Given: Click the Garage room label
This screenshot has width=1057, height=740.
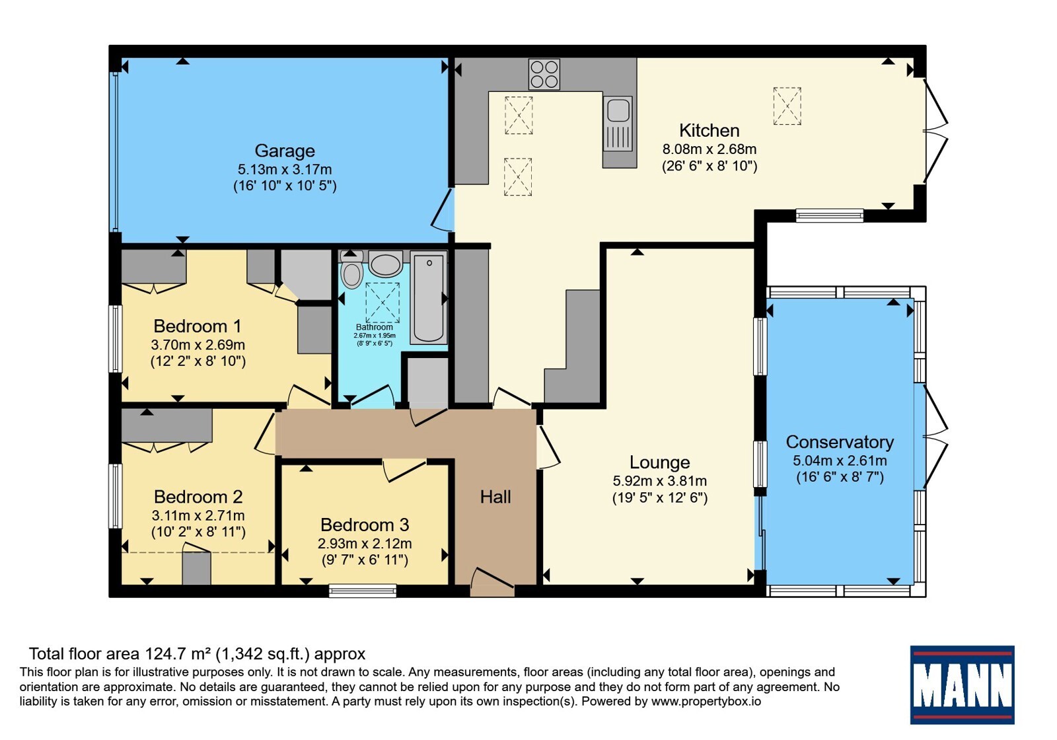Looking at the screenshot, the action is point(285,151).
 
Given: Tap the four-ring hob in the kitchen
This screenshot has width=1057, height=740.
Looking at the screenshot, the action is point(544,74).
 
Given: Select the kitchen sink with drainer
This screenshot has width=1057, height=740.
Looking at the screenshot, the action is point(618,124).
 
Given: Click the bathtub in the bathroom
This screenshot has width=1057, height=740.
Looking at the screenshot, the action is point(429,297).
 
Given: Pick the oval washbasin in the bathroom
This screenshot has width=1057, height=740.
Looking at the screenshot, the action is point(386,264).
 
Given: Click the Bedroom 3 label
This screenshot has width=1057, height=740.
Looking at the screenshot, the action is point(365,525).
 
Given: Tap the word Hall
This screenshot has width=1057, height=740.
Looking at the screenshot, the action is point(495,497).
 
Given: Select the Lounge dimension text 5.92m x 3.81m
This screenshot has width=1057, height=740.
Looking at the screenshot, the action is point(660,481).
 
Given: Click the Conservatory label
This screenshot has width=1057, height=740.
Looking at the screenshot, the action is point(840,442).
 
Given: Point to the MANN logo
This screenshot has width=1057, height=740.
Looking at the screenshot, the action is point(962,684).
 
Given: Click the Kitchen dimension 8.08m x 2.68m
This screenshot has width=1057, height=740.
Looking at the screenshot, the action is point(710,149).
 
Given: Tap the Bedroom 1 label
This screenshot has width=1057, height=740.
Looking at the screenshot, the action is point(198,326).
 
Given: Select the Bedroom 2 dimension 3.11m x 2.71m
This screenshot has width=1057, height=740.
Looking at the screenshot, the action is point(198,515).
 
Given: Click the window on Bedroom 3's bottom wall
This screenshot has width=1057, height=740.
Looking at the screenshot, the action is point(363,591).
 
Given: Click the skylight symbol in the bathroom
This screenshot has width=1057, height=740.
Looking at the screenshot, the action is point(383,303).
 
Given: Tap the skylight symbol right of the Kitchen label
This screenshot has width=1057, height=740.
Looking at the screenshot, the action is point(787,106).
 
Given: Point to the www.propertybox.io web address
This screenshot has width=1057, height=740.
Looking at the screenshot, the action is point(706,701).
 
